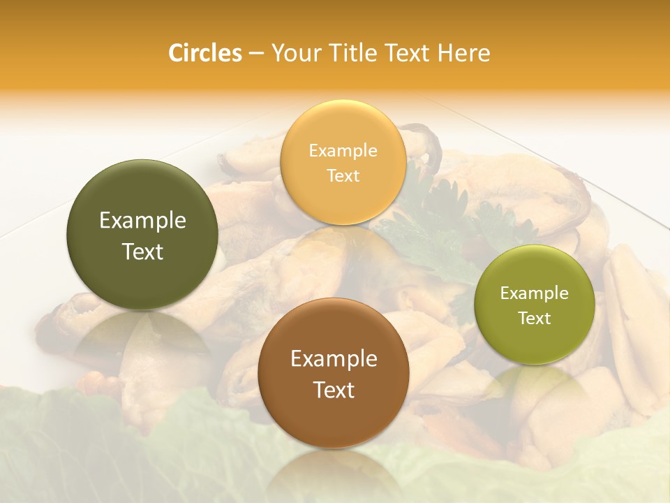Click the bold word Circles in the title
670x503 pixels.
pyautogui.click(x=204, y=53)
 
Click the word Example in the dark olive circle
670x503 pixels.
pyautogui.click(x=142, y=221)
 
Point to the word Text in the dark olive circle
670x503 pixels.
pyautogui.click(x=142, y=251)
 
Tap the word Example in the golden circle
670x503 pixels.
pyautogui.click(x=343, y=151)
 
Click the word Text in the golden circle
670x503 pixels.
pyautogui.click(x=343, y=175)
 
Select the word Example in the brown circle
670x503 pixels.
pyautogui.click(x=334, y=359)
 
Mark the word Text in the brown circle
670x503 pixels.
pyautogui.click(x=334, y=390)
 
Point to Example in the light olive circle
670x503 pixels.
pyautogui.click(x=534, y=293)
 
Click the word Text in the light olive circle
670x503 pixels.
pyautogui.click(x=534, y=318)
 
